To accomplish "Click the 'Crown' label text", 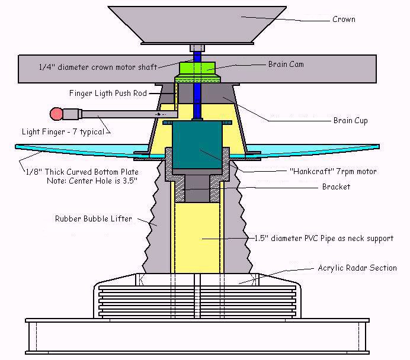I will (343, 19).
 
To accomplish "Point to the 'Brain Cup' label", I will (350, 121).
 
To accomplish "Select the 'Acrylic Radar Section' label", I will (357, 268).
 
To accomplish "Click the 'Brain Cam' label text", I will (286, 64).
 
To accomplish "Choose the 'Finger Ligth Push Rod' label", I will (107, 92).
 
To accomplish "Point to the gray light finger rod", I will (118, 112).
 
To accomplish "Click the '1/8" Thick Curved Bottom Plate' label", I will (81, 172).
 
